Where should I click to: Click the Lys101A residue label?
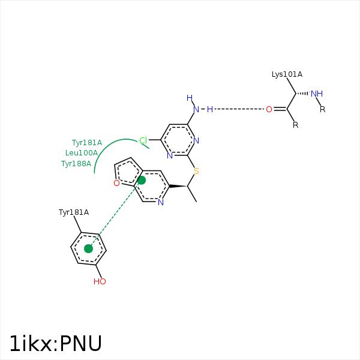287,74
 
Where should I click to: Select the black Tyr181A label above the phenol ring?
73,212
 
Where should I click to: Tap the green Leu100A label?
82,153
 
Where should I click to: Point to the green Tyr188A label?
76,163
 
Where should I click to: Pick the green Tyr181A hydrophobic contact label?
87,143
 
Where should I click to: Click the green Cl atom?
143,140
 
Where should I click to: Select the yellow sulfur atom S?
196,171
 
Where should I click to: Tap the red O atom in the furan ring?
116,183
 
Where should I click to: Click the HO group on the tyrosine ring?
100,281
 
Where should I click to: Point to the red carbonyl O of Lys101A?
269,109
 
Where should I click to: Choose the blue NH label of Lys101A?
317,94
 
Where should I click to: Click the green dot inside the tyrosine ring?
89,248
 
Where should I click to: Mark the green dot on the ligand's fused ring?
142,180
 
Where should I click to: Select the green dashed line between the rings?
115,214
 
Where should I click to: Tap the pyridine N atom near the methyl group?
160,202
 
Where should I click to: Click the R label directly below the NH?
322,109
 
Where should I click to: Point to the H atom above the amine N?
190,98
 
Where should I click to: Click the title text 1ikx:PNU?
56,343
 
